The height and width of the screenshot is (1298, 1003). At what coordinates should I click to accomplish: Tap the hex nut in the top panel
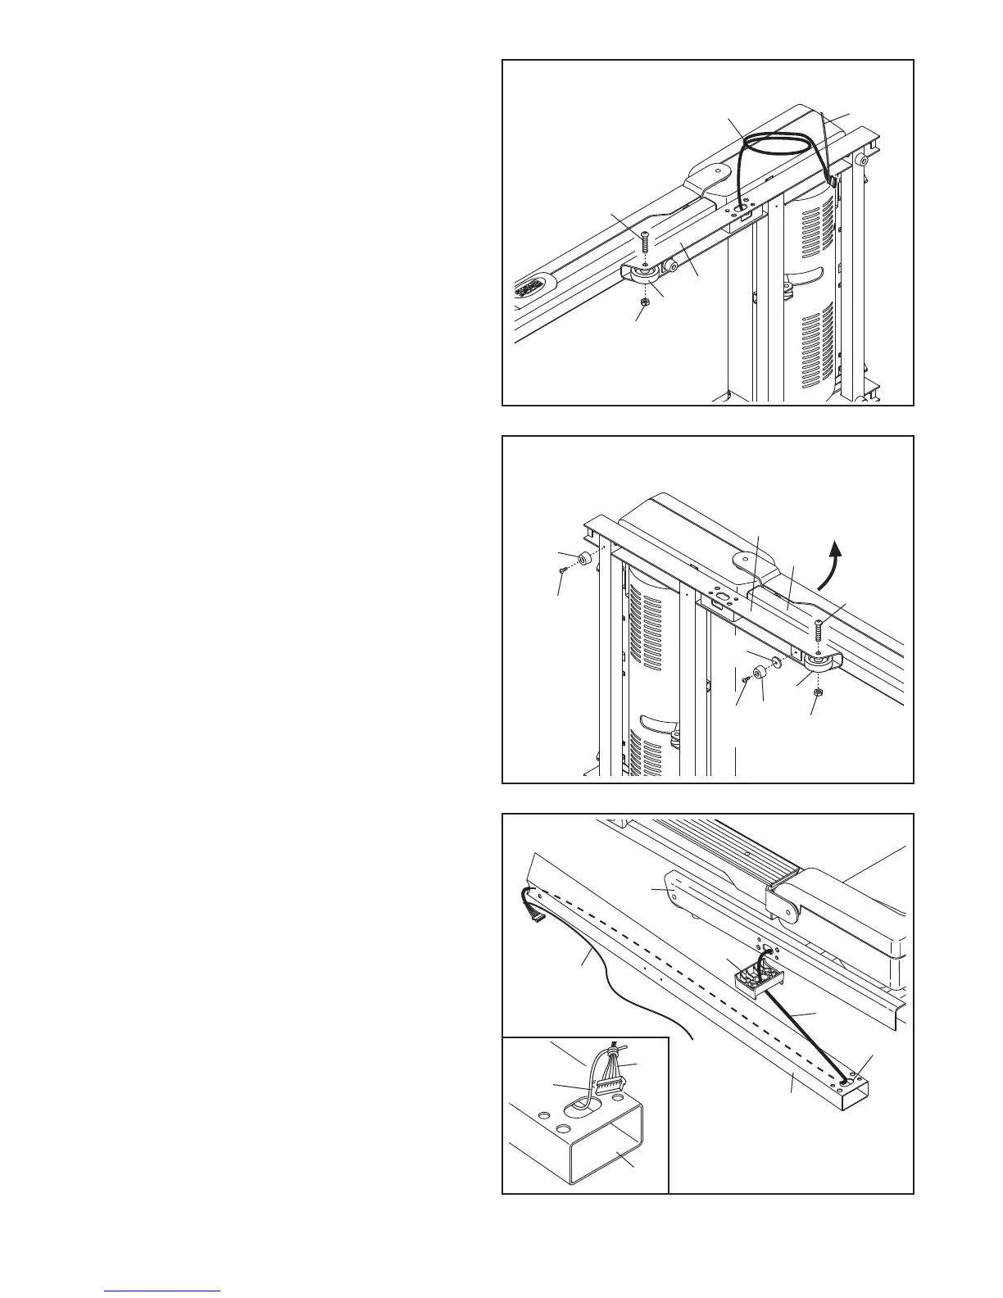[644, 301]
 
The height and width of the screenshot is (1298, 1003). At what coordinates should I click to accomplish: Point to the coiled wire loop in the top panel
[777, 147]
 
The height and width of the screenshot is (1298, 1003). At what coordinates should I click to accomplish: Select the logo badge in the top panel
[534, 289]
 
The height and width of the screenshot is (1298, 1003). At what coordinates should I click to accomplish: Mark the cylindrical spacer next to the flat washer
[760, 672]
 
